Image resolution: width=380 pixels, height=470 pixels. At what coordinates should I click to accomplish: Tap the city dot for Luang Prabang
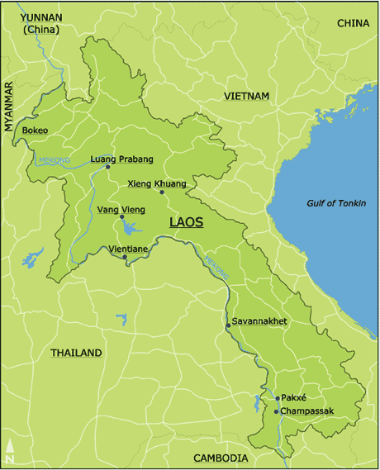pyautogui.click(x=108, y=167)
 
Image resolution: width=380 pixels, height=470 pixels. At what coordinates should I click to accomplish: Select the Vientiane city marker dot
pyautogui.click(x=125, y=257)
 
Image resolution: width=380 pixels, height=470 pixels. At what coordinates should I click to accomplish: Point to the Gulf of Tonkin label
pyautogui.click(x=336, y=203)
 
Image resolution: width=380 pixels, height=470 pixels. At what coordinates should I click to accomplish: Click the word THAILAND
pyautogui.click(x=76, y=353)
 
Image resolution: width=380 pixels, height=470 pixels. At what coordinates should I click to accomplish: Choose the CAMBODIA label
pyautogui.click(x=221, y=458)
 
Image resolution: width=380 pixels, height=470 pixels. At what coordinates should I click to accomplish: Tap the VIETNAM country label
pyautogui.click(x=247, y=97)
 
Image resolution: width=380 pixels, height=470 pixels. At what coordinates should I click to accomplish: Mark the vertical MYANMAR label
pyautogui.click(x=10, y=107)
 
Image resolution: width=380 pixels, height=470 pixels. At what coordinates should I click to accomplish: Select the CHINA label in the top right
pyautogui.click(x=354, y=23)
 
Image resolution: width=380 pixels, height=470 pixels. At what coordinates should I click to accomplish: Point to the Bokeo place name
pyautogui.click(x=35, y=131)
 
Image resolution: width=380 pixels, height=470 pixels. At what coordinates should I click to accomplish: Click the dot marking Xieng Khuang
pyautogui.click(x=162, y=192)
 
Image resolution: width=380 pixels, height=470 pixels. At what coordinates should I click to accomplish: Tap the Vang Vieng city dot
pyautogui.click(x=121, y=217)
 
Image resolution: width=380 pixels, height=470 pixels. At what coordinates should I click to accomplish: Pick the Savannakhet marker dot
pyautogui.click(x=228, y=325)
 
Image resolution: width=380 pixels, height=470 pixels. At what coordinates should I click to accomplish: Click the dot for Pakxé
pyautogui.click(x=276, y=398)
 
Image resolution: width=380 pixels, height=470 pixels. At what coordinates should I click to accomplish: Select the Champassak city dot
pyautogui.click(x=276, y=411)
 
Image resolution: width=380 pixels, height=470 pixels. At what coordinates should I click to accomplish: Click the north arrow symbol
pyautogui.click(x=10, y=451)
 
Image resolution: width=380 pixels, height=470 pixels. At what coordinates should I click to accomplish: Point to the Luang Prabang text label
pyautogui.click(x=121, y=159)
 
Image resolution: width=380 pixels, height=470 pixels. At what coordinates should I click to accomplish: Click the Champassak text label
pyautogui.click(x=307, y=411)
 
